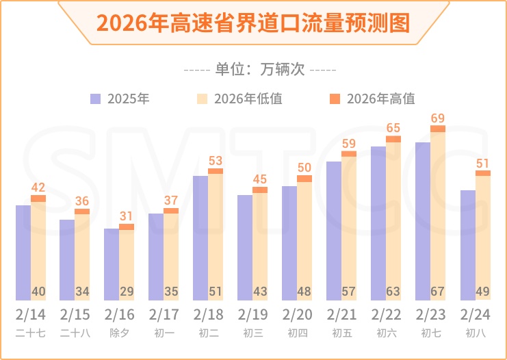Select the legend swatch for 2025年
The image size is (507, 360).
point(96,99)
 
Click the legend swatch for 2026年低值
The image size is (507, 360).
point(203,99)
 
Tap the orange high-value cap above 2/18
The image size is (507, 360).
point(216,171)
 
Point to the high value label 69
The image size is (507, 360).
point(438,119)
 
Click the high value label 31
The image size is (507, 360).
point(127,216)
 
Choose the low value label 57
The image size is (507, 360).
point(349,292)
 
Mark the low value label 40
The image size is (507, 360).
point(38,292)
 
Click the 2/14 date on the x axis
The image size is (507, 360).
point(31,316)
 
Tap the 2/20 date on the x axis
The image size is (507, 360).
point(297,316)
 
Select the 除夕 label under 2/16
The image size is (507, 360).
point(119,333)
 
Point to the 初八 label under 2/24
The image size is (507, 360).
point(475,333)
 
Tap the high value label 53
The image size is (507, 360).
point(216,162)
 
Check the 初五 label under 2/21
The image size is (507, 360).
point(341,333)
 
